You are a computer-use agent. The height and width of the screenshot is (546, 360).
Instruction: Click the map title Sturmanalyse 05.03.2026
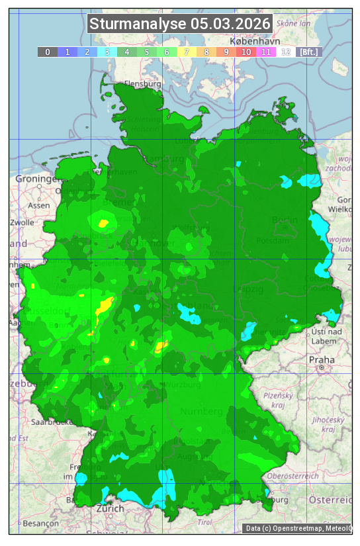coord(180,24)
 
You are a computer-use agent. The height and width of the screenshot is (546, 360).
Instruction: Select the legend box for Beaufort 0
coord(48,52)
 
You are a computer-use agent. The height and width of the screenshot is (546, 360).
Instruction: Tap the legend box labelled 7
coord(187,52)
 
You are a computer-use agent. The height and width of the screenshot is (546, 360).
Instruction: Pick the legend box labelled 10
coord(246,52)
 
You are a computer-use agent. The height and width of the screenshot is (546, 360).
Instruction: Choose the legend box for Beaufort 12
coord(286,52)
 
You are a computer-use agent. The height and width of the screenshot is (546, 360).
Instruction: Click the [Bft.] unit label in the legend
coord(308,52)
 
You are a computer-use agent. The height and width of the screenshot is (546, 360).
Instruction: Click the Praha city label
coord(321,359)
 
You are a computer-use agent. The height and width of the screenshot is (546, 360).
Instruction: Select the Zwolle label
coord(21,222)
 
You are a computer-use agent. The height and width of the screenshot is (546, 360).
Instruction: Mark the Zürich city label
coord(110,508)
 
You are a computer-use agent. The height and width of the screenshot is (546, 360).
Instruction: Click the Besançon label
coord(40,523)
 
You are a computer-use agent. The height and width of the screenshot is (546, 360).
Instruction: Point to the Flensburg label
coord(143,85)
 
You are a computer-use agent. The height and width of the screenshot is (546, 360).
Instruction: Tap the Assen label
coord(40,205)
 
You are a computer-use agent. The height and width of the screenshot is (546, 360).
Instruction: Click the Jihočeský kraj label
coord(328,424)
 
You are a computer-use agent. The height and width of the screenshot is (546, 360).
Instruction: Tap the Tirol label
coord(205,523)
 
